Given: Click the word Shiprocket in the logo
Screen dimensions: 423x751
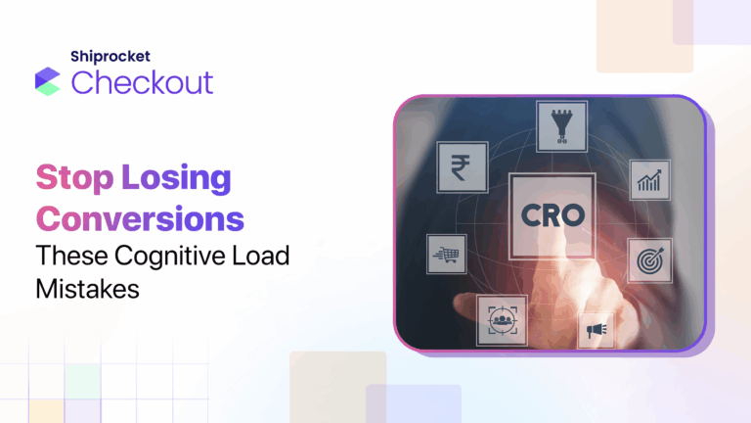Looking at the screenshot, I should pos(110,57).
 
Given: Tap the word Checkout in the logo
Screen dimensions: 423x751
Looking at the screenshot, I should pos(142,82).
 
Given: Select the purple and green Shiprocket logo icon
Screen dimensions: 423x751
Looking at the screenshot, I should pos(47,80).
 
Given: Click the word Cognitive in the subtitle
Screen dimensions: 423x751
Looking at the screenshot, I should pos(171,257).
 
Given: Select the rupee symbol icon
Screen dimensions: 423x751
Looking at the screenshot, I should pos(457,165).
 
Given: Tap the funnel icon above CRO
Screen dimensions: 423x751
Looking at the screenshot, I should pos(561,124).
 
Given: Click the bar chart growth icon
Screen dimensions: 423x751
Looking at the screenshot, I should pos(648,179).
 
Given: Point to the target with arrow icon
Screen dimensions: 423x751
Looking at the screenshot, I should pos(647,259).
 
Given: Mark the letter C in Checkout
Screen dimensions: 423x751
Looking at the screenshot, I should pos(84,82).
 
